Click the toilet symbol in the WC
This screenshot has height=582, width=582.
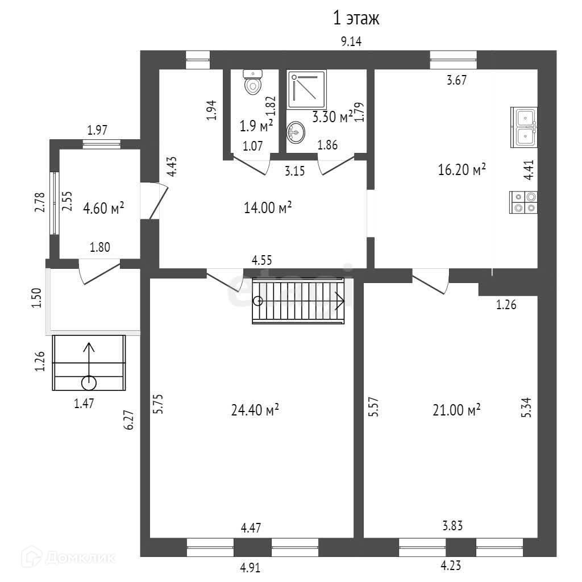pos(252,82)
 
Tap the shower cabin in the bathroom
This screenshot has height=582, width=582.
pos(307,89)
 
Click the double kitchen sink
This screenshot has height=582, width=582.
pos(525,126)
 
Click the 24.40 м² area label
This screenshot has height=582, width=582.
pos(255,409)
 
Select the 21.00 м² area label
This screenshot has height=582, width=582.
pos(457,409)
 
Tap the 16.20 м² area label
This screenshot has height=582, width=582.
pos(462,169)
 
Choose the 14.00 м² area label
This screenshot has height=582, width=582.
pos(268,208)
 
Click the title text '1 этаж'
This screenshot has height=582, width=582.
pos(356,19)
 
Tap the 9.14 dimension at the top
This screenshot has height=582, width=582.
pos(351,41)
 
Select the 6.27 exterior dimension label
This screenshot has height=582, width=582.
pos(130,421)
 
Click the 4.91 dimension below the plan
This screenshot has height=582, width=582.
pos(251,567)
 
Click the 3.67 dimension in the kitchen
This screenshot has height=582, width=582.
pos(456,80)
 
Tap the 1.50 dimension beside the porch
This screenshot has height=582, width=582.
pos(37,298)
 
